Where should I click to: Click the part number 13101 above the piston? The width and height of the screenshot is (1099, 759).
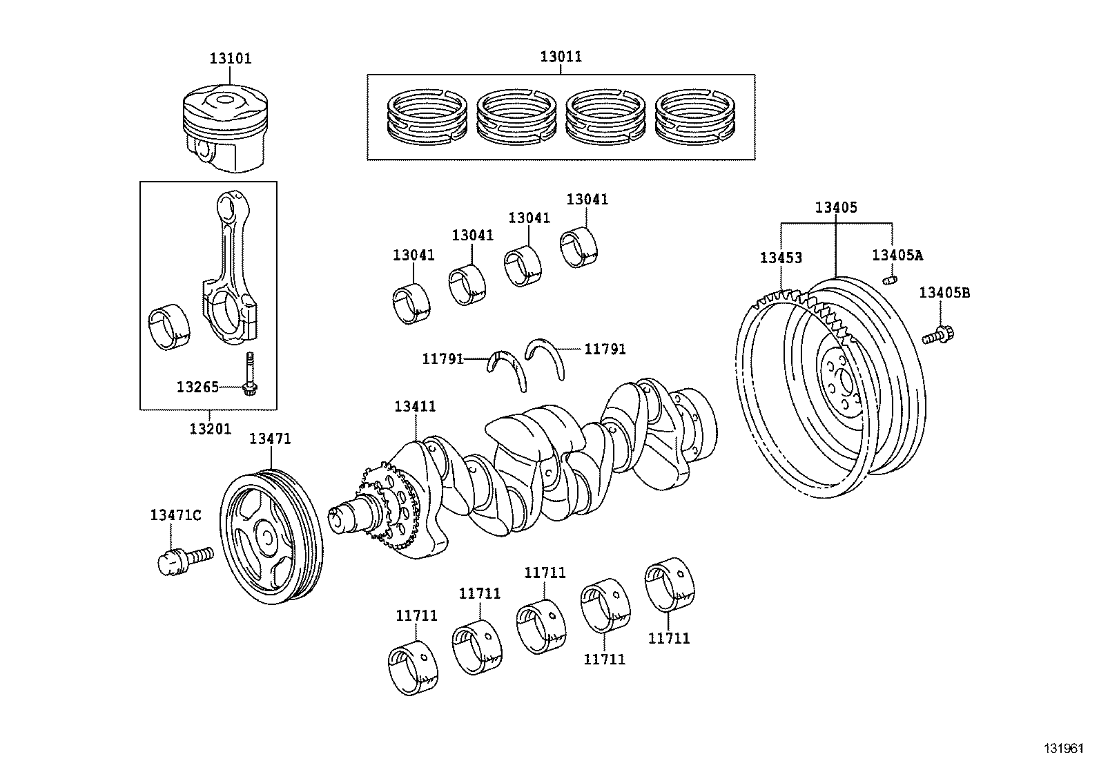click(x=231, y=59)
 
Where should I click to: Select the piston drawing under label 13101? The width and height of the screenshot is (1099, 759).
click(x=224, y=129)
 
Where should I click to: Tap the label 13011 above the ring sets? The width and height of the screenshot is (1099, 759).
click(x=561, y=57)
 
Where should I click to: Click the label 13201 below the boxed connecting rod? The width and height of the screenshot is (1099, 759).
click(x=210, y=429)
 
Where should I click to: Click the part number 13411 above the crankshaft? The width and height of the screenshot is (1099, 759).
click(x=415, y=406)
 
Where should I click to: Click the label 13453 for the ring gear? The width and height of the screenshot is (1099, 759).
click(x=781, y=258)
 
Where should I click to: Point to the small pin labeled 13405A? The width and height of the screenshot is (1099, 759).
click(x=891, y=280)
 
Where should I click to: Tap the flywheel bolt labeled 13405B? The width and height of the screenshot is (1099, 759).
click(x=938, y=336)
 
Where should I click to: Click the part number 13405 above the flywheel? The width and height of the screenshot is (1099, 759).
click(x=835, y=207)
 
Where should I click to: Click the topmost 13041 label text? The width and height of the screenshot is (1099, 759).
click(x=587, y=200)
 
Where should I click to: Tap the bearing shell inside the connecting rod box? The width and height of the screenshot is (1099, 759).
click(x=170, y=325)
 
